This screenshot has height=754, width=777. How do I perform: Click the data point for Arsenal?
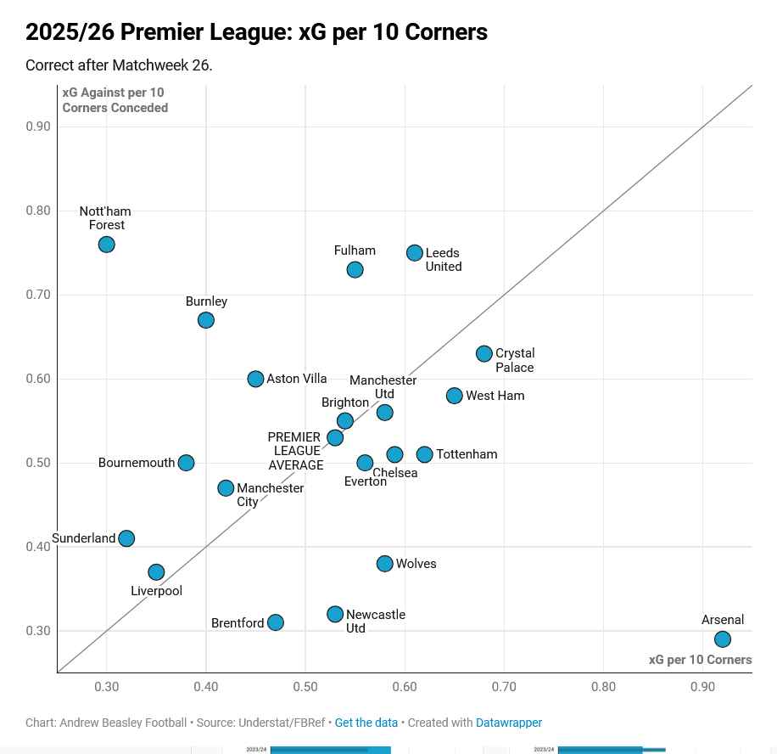(x=723, y=639)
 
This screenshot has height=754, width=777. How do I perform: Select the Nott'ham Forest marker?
(x=106, y=245)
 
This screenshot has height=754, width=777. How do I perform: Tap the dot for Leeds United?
(x=415, y=253)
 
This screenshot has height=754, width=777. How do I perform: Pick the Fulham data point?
(x=355, y=270)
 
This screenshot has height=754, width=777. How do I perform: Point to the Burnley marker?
(x=206, y=320)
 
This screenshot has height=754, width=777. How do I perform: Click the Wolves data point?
(x=385, y=564)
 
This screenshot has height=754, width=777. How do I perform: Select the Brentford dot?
(x=276, y=622)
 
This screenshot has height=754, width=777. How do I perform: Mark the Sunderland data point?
(x=126, y=538)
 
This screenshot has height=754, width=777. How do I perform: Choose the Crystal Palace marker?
(x=484, y=354)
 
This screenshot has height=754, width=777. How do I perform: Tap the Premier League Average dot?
(x=335, y=438)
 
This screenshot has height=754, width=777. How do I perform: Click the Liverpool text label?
(x=156, y=591)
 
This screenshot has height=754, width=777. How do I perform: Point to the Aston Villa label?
(x=297, y=379)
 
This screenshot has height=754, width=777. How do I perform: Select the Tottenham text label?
(x=467, y=454)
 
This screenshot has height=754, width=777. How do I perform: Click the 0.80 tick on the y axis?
(x=38, y=211)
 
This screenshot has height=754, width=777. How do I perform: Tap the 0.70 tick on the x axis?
(x=504, y=685)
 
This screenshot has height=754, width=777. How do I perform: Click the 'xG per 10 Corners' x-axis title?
(x=700, y=660)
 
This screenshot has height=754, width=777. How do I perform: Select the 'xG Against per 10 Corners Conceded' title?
(x=115, y=100)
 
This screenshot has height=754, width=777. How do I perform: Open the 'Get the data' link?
(x=366, y=723)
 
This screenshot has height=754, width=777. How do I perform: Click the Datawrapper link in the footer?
(x=509, y=723)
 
